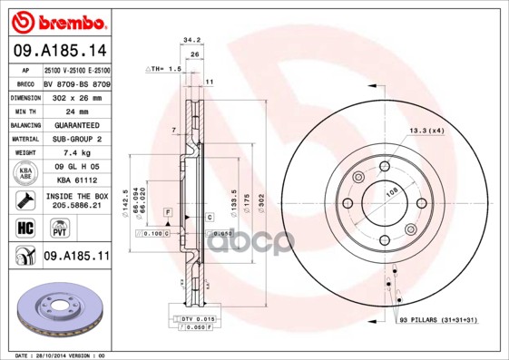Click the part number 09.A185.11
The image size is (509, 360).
76,258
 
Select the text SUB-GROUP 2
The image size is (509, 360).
76,140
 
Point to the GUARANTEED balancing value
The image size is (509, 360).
76,125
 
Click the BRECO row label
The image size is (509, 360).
24,83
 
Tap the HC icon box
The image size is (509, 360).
25,227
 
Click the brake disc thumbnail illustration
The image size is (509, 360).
57,307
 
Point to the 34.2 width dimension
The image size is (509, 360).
191,40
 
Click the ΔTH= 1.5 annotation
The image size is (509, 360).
164,69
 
